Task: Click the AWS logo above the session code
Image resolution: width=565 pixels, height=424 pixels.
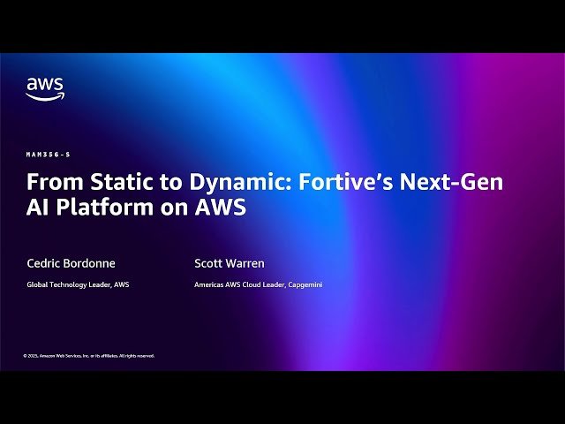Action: [44, 88]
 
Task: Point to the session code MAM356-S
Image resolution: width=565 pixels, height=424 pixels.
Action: [48, 155]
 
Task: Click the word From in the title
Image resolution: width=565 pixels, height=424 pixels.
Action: [49, 183]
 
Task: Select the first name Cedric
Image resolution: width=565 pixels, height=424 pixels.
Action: [45, 263]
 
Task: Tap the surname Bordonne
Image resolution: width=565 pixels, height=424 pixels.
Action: [92, 263]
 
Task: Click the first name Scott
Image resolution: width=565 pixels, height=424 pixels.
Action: [209, 263]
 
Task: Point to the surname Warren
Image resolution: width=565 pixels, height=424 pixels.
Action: [247, 263]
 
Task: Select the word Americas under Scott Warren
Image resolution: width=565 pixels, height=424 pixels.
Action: [209, 284]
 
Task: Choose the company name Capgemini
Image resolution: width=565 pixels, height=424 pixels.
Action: [304, 284]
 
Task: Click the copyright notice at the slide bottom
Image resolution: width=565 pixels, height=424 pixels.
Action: [88, 356]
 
